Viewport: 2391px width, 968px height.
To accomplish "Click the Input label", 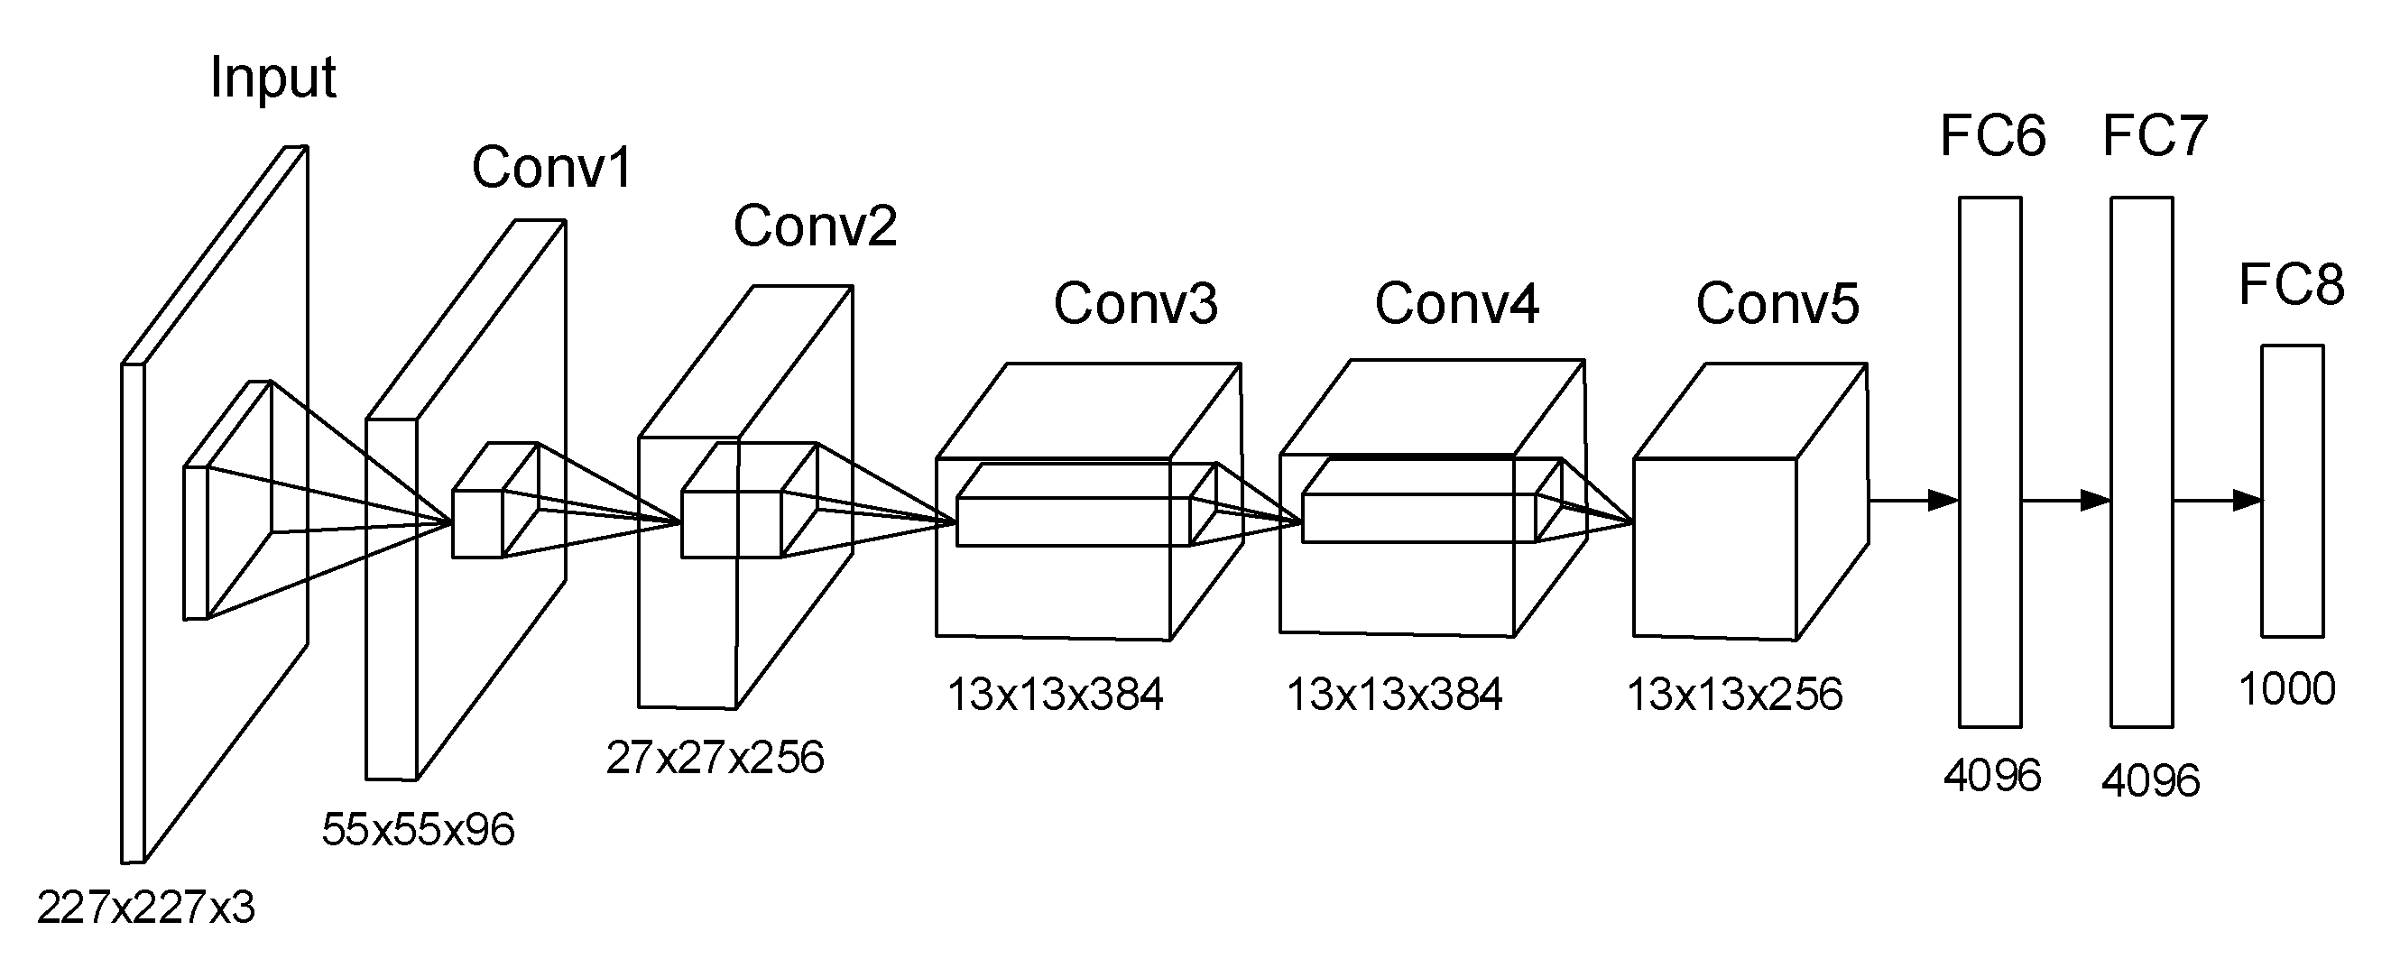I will tap(272, 78).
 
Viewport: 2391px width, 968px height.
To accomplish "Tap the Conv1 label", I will tap(551, 168).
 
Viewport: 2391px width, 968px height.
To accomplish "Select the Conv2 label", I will tap(815, 226).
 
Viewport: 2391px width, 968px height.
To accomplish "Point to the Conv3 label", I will tap(1134, 303).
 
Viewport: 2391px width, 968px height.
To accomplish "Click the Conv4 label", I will tap(1456, 303).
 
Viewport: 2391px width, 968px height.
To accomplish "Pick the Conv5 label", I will tap(1777, 303).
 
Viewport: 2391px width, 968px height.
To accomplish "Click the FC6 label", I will tap(1992, 137).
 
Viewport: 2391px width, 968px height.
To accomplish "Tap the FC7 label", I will tap(2154, 137).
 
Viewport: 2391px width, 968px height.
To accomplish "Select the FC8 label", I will tap(2291, 285).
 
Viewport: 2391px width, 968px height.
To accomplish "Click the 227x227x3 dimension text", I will tap(146, 908).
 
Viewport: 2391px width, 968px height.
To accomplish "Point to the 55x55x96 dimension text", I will tap(418, 830).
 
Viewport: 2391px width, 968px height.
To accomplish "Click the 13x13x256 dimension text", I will tap(1734, 696).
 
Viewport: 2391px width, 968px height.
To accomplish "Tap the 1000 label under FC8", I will tap(2286, 689).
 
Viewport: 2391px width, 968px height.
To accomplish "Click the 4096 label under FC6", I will tap(1992, 776).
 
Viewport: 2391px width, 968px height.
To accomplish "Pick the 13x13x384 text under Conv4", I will tap(1394, 696).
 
